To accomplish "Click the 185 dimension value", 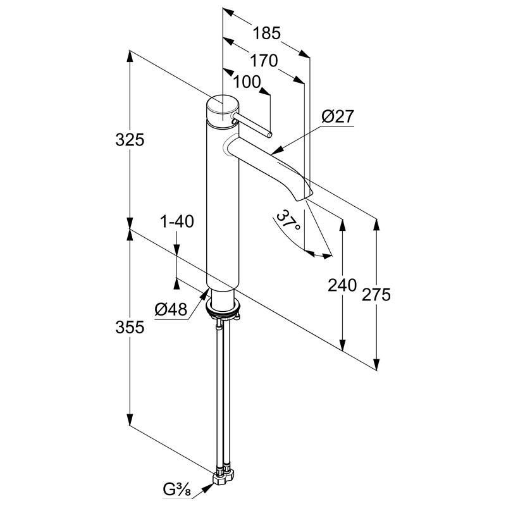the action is pyautogui.click(x=266, y=33).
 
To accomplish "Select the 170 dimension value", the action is pyautogui.click(x=264, y=60).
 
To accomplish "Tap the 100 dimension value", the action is pyautogui.click(x=247, y=82).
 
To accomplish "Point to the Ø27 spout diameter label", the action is pyautogui.click(x=338, y=116).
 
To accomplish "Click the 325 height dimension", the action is pyautogui.click(x=130, y=140).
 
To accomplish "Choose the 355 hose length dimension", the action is pyautogui.click(x=130, y=327).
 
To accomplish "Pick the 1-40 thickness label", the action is pyautogui.click(x=177, y=221).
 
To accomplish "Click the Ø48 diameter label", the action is pyautogui.click(x=171, y=310).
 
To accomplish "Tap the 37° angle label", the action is pyautogui.click(x=289, y=220).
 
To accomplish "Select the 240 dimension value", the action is pyautogui.click(x=342, y=285).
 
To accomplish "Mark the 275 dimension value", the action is pyautogui.click(x=376, y=294).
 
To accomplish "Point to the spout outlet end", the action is pyautogui.click(x=304, y=197).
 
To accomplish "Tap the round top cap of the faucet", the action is pyautogui.click(x=223, y=109).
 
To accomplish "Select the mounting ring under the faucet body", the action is pyautogui.click(x=223, y=308).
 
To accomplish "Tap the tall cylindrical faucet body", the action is pyautogui.click(x=223, y=207).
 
